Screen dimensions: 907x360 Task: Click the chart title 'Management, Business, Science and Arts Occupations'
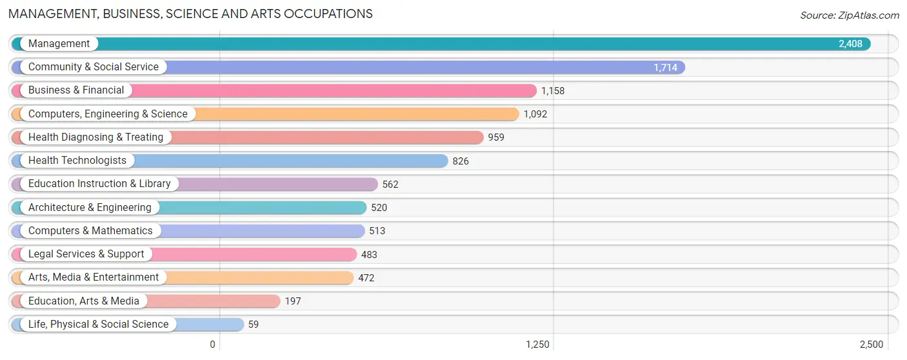click(x=190, y=14)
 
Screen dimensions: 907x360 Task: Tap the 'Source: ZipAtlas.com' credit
click(x=850, y=15)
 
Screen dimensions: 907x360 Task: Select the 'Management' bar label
click(x=59, y=43)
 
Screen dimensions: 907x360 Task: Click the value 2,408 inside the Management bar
click(x=850, y=44)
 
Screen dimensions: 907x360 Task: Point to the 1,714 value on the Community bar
click(x=665, y=67)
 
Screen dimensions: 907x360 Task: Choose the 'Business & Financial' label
click(x=76, y=90)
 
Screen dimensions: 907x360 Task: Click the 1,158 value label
click(x=553, y=91)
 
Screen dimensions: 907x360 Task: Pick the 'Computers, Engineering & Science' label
click(x=108, y=114)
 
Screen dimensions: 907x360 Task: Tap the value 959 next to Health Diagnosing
click(x=496, y=137)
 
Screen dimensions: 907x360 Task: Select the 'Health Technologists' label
click(x=77, y=161)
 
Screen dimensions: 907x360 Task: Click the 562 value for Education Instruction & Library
click(x=390, y=185)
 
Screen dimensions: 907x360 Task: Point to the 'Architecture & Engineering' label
click(x=90, y=207)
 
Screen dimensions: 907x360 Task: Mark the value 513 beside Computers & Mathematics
click(x=377, y=231)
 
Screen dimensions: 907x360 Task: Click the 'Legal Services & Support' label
click(x=86, y=254)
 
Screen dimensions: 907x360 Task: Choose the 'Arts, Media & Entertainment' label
click(x=94, y=277)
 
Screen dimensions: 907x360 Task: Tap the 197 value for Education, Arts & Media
click(x=293, y=301)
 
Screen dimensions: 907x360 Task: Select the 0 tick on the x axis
click(x=213, y=345)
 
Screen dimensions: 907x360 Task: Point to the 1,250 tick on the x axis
click(x=537, y=345)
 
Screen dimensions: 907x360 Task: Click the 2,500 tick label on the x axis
click(x=872, y=345)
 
